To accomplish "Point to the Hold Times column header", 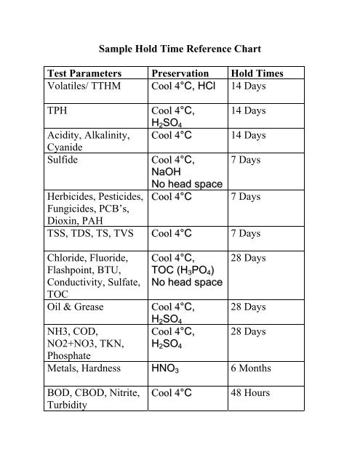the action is pos(257,74).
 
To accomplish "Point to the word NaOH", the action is pos(168,173).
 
